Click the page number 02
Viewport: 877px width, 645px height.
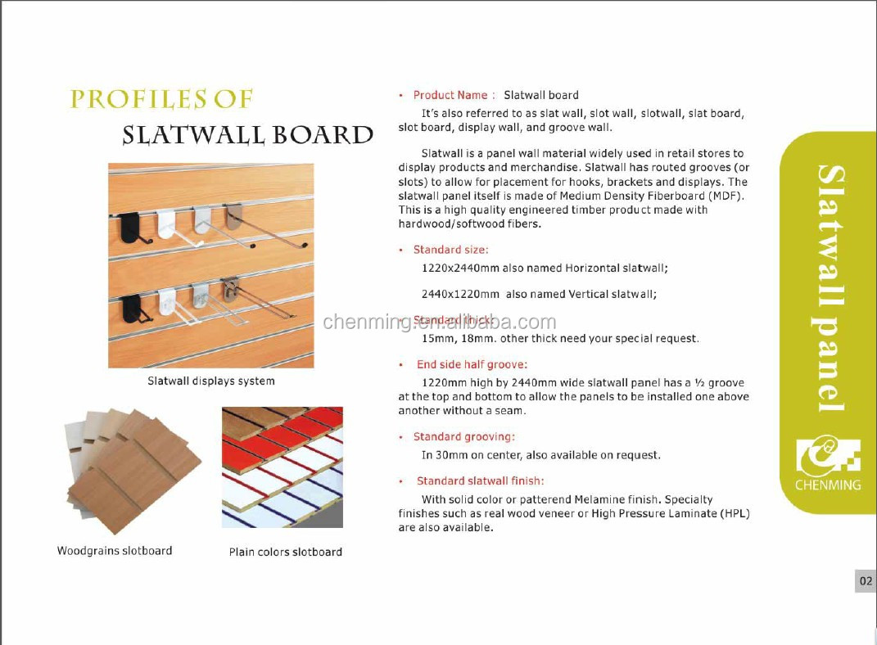pyautogui.click(x=866, y=581)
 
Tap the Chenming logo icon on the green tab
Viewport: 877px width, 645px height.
pyautogui.click(x=828, y=455)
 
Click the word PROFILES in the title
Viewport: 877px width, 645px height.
pyautogui.click(x=134, y=100)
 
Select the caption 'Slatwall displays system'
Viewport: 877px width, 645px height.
pyautogui.click(x=211, y=381)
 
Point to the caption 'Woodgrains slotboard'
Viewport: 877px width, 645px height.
pyautogui.click(x=115, y=551)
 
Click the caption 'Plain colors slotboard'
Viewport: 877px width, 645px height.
pyautogui.click(x=285, y=552)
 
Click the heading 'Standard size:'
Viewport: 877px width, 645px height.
pyautogui.click(x=450, y=250)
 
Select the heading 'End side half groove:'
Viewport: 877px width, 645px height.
pyautogui.click(x=472, y=364)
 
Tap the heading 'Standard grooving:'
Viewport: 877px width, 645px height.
pyautogui.click(x=463, y=437)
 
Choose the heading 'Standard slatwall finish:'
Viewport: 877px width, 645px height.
pyautogui.click(x=480, y=480)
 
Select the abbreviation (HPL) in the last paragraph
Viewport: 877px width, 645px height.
pyautogui.click(x=735, y=514)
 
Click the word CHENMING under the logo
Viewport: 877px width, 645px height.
pyautogui.click(x=828, y=485)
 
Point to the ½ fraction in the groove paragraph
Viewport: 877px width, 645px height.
pyautogui.click(x=699, y=382)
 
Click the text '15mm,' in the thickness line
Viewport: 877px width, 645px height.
pyautogui.click(x=439, y=338)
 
